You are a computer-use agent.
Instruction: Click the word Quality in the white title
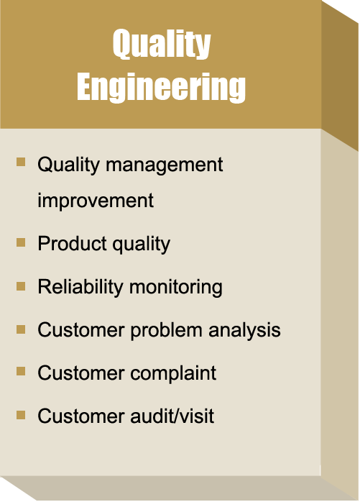pos(162,44)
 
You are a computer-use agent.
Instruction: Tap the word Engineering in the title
pos(161,87)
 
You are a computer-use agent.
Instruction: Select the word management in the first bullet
pos(164,166)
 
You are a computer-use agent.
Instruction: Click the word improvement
pos(96,201)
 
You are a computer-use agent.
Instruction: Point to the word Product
pos(72,243)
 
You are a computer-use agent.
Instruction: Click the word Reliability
pos(80,287)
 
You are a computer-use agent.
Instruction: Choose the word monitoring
pos(175,287)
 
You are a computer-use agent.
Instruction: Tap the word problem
pos(166,330)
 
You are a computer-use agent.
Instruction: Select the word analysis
pos(244,330)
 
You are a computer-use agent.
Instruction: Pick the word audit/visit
pos(172,416)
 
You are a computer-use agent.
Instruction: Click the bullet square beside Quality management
pos(21,162)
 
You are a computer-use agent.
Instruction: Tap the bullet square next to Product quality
pos(21,242)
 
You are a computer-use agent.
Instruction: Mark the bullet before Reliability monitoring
pos(21,286)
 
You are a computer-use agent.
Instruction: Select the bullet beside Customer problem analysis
pos(21,329)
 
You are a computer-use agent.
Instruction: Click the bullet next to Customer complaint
pos(21,371)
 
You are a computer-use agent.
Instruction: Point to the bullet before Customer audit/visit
pos(21,415)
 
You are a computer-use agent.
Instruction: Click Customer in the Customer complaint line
pos(81,373)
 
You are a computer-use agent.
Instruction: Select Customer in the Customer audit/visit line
pos(81,416)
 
